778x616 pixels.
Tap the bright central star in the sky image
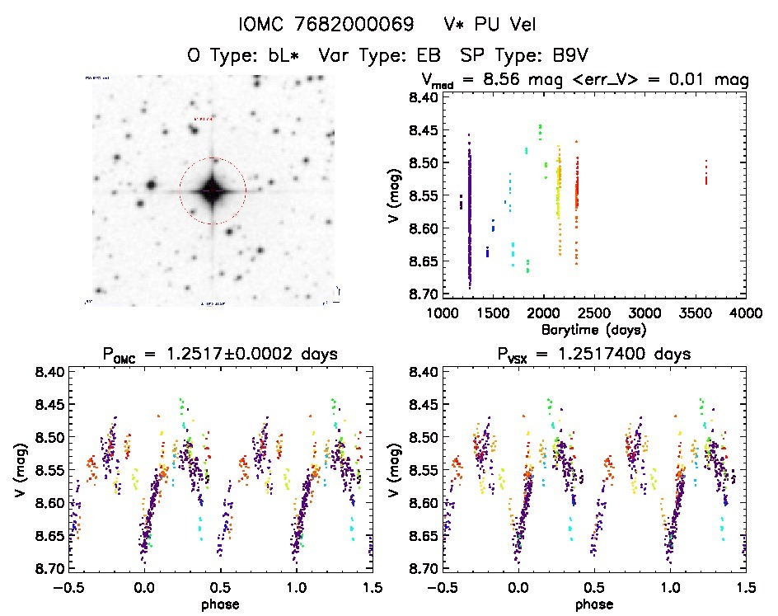click(x=213, y=190)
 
